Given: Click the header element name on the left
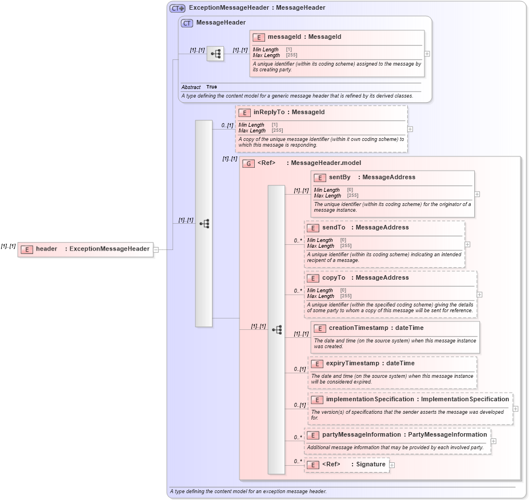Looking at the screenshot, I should tap(46, 249).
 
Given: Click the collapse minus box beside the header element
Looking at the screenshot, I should tap(155, 249).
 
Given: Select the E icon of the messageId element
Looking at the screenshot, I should tap(259, 37).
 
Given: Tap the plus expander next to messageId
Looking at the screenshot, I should tap(427, 54).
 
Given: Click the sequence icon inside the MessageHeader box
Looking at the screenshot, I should tap(215, 54).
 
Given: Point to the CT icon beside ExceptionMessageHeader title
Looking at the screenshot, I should tap(177, 8).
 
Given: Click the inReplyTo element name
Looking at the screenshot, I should tap(268, 112).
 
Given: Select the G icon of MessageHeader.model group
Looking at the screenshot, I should tap(248, 163).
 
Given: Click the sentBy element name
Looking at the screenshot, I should tap(339, 178).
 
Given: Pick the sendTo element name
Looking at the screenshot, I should tap(334, 228).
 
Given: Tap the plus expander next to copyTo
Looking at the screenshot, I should tap(479, 295).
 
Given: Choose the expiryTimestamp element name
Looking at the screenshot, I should tap(354, 364).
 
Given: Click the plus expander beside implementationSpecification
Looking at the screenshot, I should tap(515, 409).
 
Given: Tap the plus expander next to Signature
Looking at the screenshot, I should tap(392, 465).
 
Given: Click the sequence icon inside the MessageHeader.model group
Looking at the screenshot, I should tap(276, 330).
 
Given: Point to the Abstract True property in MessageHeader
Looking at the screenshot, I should tap(199, 87).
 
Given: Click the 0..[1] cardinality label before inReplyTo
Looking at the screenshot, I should tap(227, 125).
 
